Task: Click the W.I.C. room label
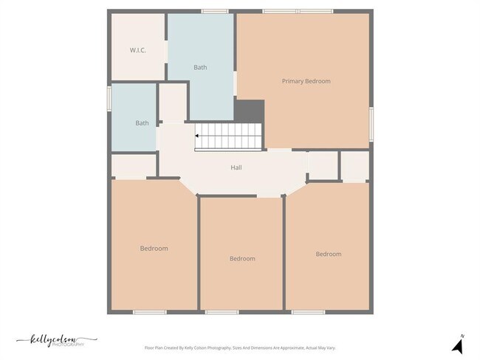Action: point(137,50)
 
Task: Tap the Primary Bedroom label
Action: point(306,81)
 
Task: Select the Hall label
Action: point(236,167)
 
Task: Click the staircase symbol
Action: point(229,136)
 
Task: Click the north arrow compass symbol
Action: point(457,345)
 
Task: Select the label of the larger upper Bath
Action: point(200,67)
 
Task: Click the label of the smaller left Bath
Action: point(142,123)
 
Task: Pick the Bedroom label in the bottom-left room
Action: point(154,249)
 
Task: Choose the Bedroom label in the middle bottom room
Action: point(242,258)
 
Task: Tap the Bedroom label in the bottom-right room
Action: point(329,254)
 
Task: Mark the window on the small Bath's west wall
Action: point(109,97)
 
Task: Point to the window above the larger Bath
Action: point(214,11)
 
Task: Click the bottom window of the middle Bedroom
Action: point(222,312)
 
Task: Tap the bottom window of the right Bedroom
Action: point(308,312)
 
